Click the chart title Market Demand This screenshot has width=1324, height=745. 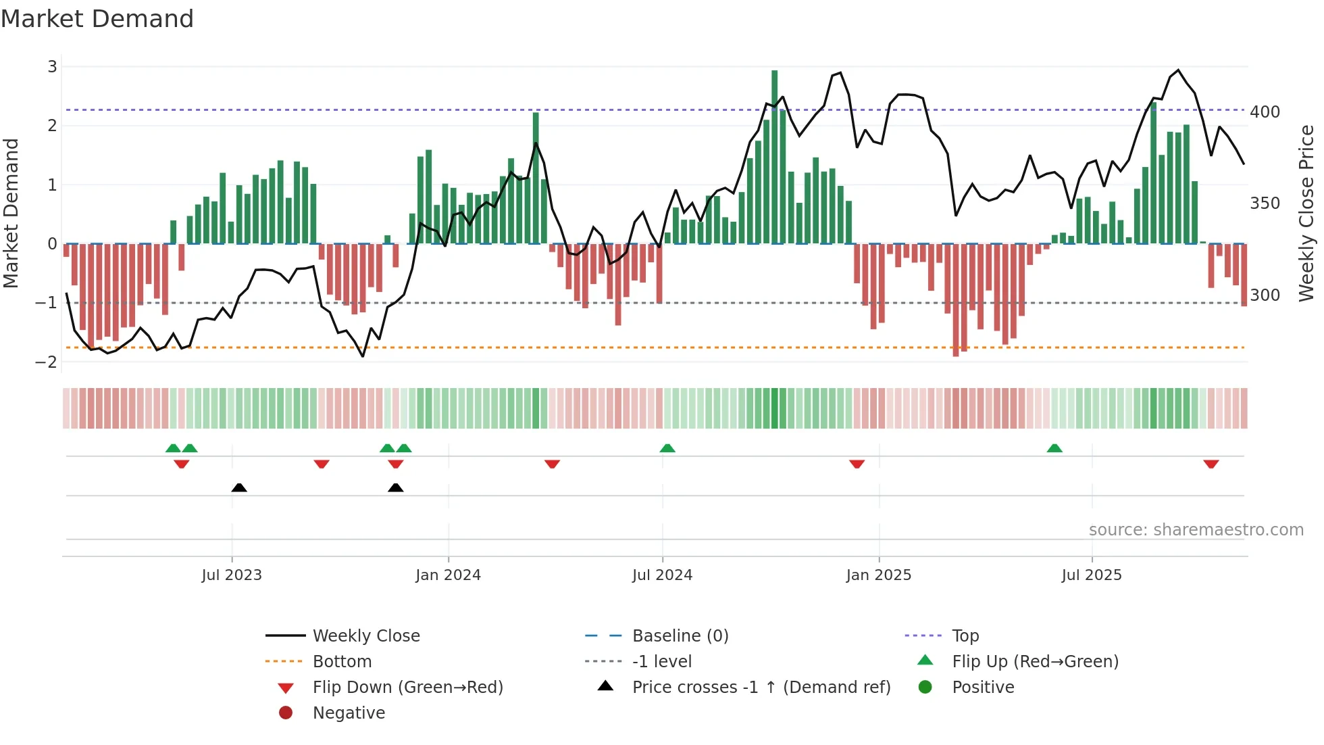(97, 19)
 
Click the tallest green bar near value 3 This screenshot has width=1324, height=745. (774, 155)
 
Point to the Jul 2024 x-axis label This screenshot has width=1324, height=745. (662, 575)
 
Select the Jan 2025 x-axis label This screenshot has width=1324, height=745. (878, 575)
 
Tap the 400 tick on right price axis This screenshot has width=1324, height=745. (1265, 112)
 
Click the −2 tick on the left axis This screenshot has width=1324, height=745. (47, 362)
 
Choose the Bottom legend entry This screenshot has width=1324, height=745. (342, 662)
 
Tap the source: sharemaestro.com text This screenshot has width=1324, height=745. (1196, 530)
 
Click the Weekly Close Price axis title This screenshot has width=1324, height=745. (1306, 213)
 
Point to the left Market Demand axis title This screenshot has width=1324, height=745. (11, 213)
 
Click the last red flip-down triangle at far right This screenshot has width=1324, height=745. (1211, 464)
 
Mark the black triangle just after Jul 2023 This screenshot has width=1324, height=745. (239, 488)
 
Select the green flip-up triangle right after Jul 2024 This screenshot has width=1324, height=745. (667, 448)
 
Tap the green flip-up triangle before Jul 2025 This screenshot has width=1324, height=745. (1054, 448)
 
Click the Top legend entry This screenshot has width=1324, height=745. (965, 636)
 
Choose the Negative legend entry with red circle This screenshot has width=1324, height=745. (349, 713)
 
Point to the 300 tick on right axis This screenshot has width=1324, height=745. (1265, 295)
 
